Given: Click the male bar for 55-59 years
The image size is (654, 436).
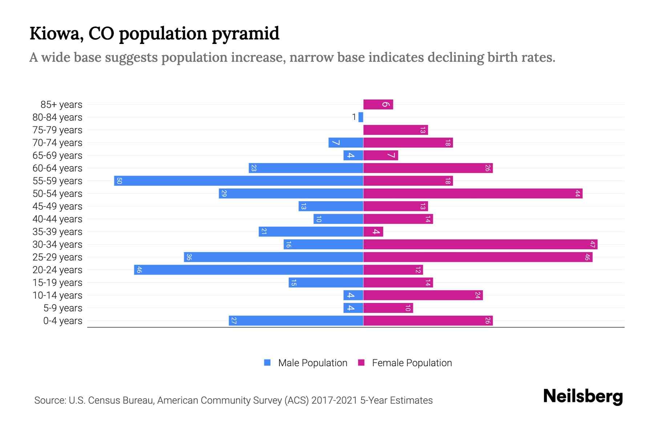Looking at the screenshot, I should pyautogui.click(x=239, y=181).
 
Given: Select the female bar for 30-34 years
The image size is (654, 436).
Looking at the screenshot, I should pyautogui.click(x=480, y=245).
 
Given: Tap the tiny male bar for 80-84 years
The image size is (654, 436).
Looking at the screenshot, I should pyautogui.click(x=361, y=117).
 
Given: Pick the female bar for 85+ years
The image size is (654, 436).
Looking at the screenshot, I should pyautogui.click(x=378, y=105).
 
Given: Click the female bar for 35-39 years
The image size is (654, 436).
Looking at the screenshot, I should pyautogui.click(x=373, y=232).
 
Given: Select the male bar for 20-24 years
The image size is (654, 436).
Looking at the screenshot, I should pyautogui.click(x=249, y=270).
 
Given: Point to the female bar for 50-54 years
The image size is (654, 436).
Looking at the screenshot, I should pyautogui.click(x=473, y=194).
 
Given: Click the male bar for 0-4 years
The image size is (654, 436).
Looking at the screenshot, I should pyautogui.click(x=296, y=321).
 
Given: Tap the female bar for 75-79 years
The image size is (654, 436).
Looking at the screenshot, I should pyautogui.click(x=396, y=130).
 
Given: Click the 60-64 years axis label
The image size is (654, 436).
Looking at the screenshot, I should pyautogui.click(x=57, y=168).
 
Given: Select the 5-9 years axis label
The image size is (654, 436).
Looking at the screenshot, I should pyautogui.click(x=63, y=308).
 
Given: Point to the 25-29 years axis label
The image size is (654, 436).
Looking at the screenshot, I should pyautogui.click(x=57, y=257).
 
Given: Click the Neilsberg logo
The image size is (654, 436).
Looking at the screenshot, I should pyautogui.click(x=583, y=396).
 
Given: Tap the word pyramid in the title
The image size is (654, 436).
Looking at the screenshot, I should pyautogui.click(x=246, y=34).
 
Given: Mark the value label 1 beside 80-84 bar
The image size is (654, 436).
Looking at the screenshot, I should pyautogui.click(x=354, y=117).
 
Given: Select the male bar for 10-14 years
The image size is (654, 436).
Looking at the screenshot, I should pyautogui.click(x=353, y=295).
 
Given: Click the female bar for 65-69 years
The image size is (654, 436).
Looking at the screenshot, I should pyautogui.click(x=381, y=156).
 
